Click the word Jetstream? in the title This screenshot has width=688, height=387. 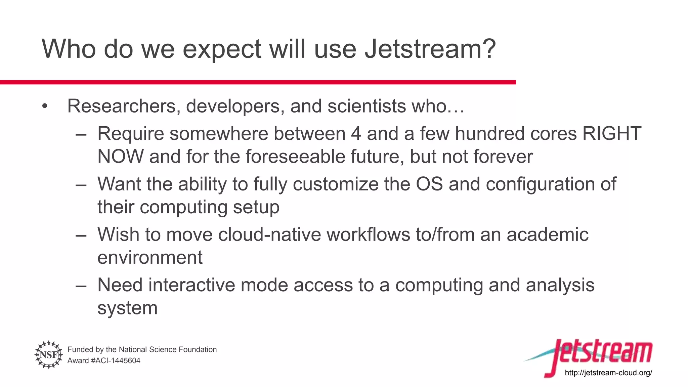click(x=430, y=49)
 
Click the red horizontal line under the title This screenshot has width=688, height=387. click(x=258, y=82)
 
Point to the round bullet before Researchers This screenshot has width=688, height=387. click(x=45, y=107)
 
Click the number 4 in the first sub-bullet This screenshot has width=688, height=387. click(x=356, y=134)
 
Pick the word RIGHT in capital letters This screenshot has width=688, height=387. click(x=611, y=134)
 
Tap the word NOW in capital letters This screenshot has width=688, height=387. click(x=120, y=157)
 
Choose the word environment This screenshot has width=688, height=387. click(x=150, y=258)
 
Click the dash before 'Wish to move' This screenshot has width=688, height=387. click(x=81, y=235)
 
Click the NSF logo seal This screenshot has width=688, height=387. click(x=49, y=355)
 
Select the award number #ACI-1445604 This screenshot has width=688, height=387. click(x=115, y=361)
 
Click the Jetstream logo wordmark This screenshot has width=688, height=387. click(x=601, y=353)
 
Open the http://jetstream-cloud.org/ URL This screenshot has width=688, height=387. click(x=608, y=373)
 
